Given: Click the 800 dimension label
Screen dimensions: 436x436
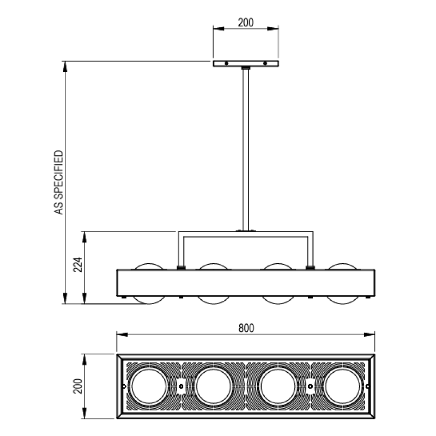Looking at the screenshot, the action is pyautogui.click(x=246, y=328).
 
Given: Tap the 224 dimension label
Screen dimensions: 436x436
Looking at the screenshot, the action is pyautogui.click(x=78, y=264).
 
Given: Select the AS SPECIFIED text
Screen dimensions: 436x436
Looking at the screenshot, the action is pyautogui.click(x=59, y=183).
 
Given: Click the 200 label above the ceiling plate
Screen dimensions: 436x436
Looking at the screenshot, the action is pyautogui.click(x=246, y=22).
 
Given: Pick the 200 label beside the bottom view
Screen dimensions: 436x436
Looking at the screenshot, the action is pyautogui.click(x=78, y=386).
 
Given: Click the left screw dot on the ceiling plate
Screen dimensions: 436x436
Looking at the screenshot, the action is pyautogui.click(x=226, y=63).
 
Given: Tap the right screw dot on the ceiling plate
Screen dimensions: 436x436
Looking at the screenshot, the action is pyautogui.click(x=265, y=63).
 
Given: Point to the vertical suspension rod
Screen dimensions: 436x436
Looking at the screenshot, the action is pyautogui.click(x=245, y=149).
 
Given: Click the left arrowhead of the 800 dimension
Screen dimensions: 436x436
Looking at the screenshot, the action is pyautogui.click(x=122, y=335).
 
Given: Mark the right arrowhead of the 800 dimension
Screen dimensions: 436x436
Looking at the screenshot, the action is pyautogui.click(x=370, y=335).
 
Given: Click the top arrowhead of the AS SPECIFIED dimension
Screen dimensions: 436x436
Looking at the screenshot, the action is pyautogui.click(x=65, y=66).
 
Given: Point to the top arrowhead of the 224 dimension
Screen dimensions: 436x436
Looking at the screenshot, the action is pyautogui.click(x=84, y=237).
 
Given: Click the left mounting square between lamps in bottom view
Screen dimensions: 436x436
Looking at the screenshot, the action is pyautogui.click(x=181, y=386).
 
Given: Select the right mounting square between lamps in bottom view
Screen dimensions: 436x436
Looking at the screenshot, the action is pyautogui.click(x=310, y=386).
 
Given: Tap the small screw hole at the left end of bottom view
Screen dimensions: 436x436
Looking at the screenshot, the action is pyautogui.click(x=124, y=386).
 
